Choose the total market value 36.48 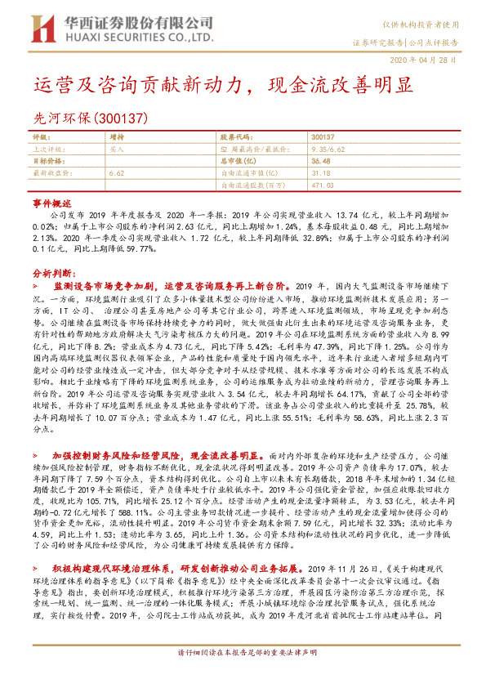(x=320, y=162)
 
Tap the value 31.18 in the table (x=320, y=173)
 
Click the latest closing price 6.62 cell (x=116, y=173)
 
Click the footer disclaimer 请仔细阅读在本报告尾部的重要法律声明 (x=243, y=676)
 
